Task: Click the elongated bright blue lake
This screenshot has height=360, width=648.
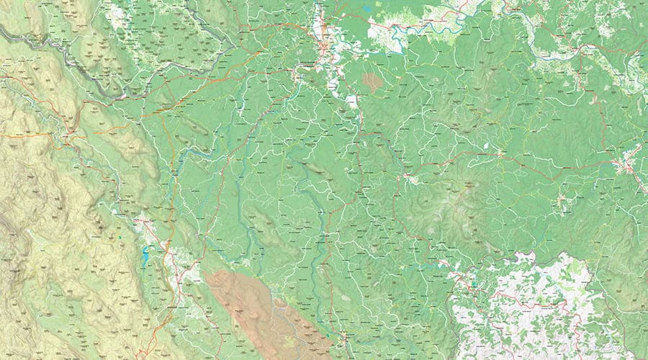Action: pos(145,255)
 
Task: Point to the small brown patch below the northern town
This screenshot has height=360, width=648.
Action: pos(372,81)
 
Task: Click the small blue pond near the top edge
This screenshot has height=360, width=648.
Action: pos(368,9)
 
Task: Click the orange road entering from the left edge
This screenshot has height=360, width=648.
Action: pos(22,134)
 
